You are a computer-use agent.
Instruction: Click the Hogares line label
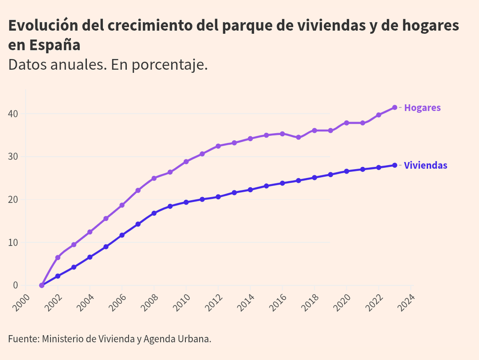[422, 108]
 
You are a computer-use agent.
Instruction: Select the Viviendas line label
[425, 166]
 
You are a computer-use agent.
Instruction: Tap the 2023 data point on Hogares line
[394, 107]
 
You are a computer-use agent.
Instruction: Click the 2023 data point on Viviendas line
[394, 165]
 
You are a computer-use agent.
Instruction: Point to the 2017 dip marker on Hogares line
[298, 137]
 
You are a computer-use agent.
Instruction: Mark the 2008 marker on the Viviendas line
[154, 213]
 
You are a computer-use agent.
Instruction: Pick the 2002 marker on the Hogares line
[58, 257]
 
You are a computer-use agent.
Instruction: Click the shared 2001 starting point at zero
[42, 285]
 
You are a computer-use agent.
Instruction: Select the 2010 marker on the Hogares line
[186, 162]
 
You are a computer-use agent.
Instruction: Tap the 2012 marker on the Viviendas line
[218, 197]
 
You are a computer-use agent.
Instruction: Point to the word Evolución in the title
[43, 26]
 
